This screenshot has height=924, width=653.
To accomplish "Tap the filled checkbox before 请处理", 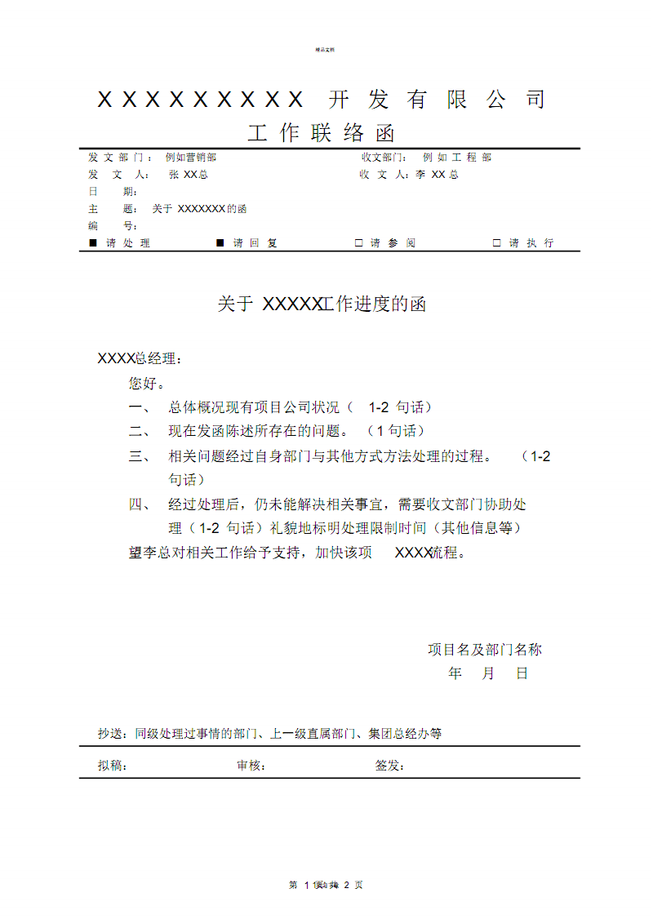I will click(92, 243).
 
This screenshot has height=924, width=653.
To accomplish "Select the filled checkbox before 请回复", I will click(220, 243).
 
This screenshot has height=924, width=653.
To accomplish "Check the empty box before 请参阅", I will click(358, 243).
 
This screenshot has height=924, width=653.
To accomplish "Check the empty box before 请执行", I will click(496, 243).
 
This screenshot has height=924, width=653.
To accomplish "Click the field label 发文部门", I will click(119, 158).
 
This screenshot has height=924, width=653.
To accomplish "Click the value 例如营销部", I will click(191, 158).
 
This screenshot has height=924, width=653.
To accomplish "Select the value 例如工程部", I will click(457, 158).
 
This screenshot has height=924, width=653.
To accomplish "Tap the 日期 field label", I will click(113, 192).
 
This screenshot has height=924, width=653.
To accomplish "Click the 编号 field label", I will click(113, 226).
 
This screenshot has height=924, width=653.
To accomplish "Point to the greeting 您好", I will click(147, 383).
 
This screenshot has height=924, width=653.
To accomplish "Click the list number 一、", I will click(140, 407).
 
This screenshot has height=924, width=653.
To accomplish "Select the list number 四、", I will click(140, 504).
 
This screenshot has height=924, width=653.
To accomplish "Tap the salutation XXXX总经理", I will click(140, 358).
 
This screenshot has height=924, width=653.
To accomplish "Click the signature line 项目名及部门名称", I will click(485, 650).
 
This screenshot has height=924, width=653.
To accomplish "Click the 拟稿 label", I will click(112, 766).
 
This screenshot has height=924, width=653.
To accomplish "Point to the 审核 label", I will click(251, 766).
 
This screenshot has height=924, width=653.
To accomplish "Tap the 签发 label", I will click(389, 766).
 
